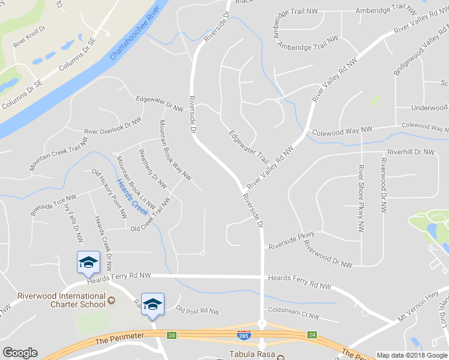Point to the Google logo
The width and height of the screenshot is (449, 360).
click(x=20, y=353)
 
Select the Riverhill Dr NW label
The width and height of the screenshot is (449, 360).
click(x=411, y=152)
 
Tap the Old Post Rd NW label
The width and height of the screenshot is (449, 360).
click(x=197, y=311)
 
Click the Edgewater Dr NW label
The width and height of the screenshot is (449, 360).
click(x=159, y=104)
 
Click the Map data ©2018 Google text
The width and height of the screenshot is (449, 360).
click(x=412, y=355)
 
